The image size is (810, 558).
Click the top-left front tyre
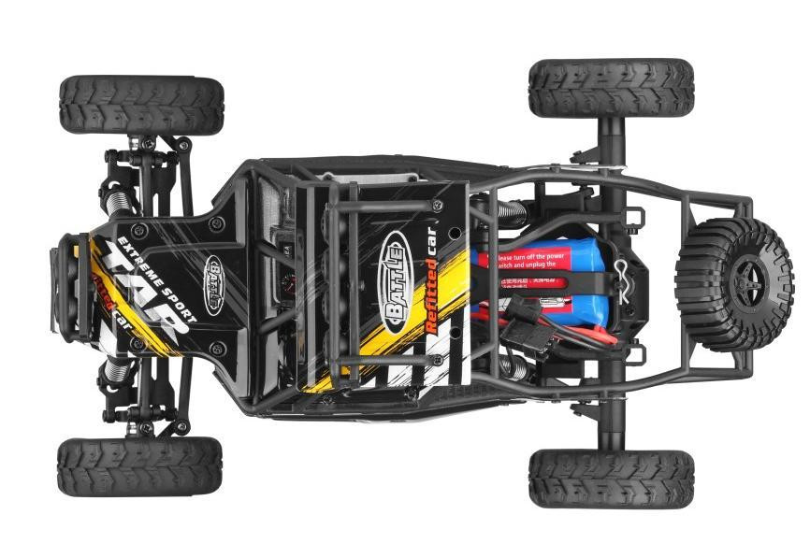[141, 106]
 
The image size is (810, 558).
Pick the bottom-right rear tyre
[611, 479]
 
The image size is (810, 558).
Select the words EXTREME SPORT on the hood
[155, 269]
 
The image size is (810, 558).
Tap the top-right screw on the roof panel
[437, 205]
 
